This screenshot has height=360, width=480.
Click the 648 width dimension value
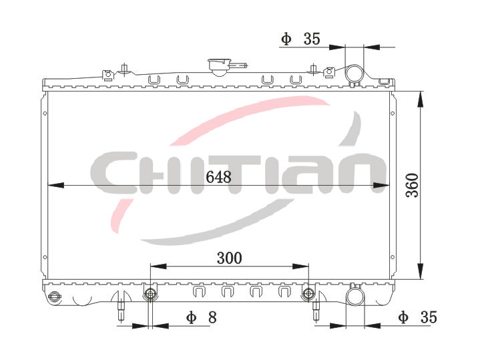coord(218,177)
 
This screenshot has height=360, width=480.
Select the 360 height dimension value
coord(412,186)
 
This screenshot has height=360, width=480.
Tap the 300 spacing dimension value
coord(229,258)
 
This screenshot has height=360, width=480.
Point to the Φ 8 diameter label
coord(202,317)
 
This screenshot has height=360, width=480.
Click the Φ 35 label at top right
coord(300,39)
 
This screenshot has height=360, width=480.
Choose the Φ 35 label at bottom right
coord(417,317)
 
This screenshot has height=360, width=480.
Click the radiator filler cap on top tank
coord(219,67)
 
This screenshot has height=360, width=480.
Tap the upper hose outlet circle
coord(354,74)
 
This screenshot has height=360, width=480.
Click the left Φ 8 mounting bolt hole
coord(150,294)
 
